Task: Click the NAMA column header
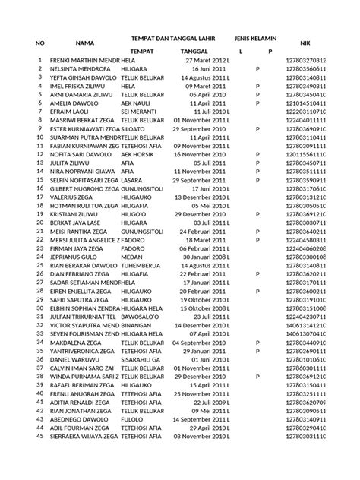[84, 44]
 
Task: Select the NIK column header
[305, 44]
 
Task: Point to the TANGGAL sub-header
[195, 51]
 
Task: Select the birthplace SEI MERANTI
[141, 111]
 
